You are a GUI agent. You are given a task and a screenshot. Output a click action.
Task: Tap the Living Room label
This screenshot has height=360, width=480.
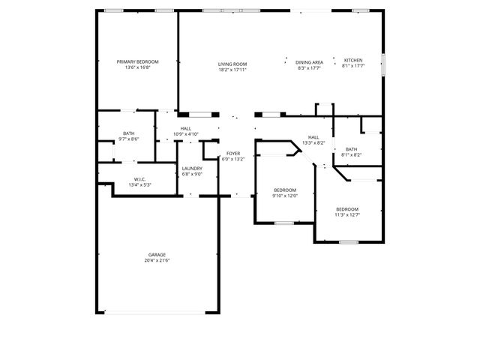tap(232, 64)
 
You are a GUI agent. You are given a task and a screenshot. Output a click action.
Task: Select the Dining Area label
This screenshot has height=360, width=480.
tap(309, 62)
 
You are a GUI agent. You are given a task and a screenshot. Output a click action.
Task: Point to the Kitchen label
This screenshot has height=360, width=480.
tap(353, 60)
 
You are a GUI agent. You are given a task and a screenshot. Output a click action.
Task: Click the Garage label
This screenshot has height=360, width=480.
tap(157, 254)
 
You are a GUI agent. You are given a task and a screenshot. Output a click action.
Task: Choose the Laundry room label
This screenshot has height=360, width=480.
tap(192, 169)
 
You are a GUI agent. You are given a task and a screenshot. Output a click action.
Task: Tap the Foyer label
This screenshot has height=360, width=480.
tap(233, 153)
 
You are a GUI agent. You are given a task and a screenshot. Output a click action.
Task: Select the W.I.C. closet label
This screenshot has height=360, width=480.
tap(139, 178)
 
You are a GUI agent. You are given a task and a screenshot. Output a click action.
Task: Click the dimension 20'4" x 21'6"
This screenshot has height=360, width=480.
tap(157, 259)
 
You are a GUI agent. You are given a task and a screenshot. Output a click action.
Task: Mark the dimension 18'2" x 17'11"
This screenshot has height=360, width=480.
tap(232, 69)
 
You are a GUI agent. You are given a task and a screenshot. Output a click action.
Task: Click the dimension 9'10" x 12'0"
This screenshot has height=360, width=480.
tap(285, 195)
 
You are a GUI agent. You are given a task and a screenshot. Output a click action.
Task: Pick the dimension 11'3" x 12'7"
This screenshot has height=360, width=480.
tap(346, 214)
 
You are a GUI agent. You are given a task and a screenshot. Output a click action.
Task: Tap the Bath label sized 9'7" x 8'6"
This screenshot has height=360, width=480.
tap(129, 133)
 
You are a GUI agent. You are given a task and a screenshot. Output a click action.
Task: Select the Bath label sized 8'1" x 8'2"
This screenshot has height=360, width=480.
tap(352, 149)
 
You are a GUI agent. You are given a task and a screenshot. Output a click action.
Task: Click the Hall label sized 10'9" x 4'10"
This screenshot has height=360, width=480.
tap(185, 128)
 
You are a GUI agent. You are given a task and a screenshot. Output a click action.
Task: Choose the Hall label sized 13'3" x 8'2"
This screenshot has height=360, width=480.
tap(313, 137)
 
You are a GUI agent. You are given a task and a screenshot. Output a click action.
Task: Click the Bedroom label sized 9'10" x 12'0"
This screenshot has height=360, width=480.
tap(285, 190)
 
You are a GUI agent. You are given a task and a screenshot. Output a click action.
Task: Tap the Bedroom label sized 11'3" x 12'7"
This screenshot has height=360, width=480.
tap(346, 208)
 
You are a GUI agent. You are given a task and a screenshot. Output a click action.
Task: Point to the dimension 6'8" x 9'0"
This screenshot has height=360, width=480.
tap(192, 174)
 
